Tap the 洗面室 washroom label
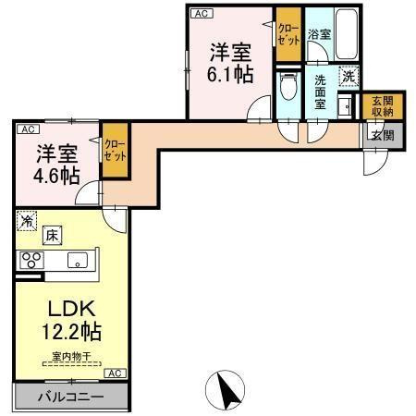tap(320, 92)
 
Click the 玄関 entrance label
tap(382, 135)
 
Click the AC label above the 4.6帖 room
tap(28, 129)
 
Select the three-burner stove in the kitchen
tap(31, 260)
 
